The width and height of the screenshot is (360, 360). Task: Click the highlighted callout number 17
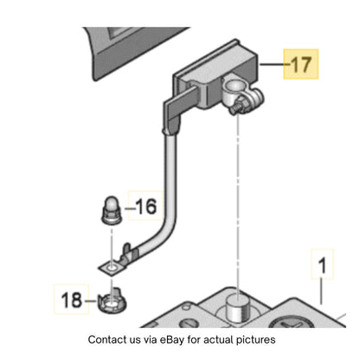pos(302,64)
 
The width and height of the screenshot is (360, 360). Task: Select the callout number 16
pos(146,207)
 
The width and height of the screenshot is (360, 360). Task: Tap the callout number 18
pos(71,299)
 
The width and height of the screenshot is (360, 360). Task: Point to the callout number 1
pos(323,265)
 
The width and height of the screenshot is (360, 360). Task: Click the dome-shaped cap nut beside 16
pos(112,210)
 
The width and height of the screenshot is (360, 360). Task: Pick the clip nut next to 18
pos(112,302)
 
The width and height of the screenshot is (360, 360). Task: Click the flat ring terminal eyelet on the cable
pos(112,268)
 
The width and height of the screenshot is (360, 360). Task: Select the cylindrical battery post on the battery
pos(237,308)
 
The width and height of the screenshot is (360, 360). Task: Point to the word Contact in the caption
pos(106,339)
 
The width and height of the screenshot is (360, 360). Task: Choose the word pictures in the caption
pos(256,340)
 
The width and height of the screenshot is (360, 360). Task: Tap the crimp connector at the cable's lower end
pos(130,253)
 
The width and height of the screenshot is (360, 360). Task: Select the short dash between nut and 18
pos(91,301)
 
